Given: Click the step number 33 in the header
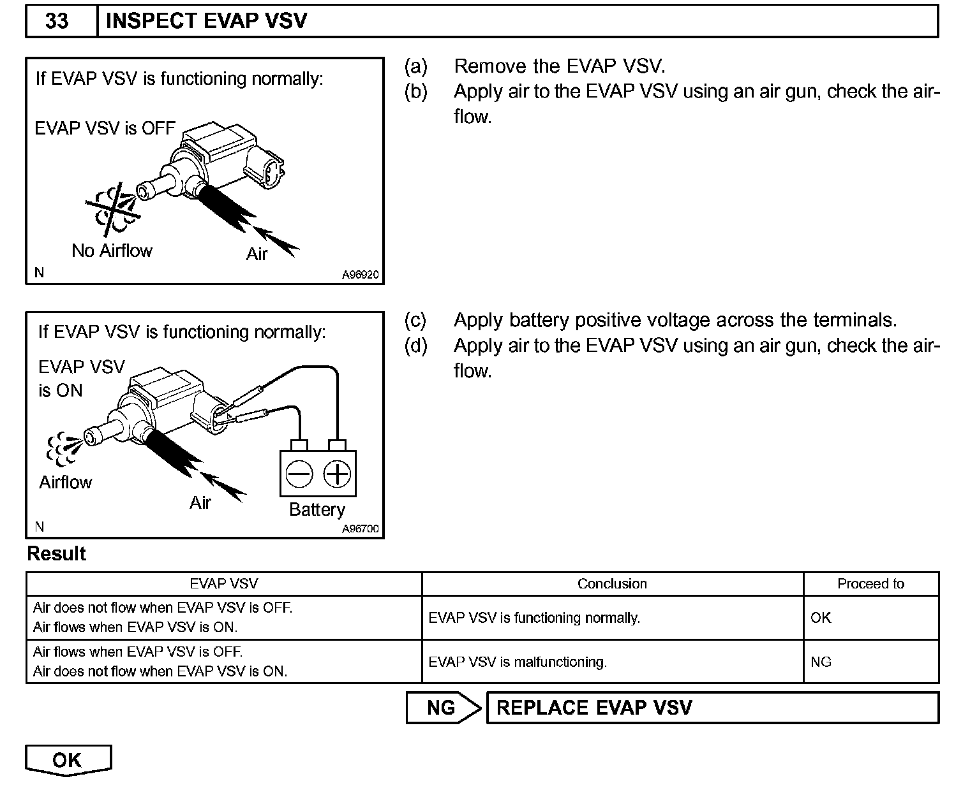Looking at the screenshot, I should click(x=57, y=21).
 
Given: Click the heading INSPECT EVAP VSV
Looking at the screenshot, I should click(x=206, y=21).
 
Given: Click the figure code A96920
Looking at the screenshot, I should click(x=360, y=275).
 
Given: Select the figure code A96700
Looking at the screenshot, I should click(x=360, y=529).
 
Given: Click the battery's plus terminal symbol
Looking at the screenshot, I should click(x=337, y=474).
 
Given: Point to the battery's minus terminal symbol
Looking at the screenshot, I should click(x=299, y=474).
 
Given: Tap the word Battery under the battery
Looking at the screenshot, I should click(x=317, y=509).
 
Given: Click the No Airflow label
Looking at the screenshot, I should click(x=112, y=251).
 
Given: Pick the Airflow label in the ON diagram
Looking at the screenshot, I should click(x=66, y=482).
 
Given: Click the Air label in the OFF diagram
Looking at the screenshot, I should click(x=257, y=254).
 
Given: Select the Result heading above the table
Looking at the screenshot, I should click(x=56, y=553).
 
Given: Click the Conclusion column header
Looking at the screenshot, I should click(x=612, y=584).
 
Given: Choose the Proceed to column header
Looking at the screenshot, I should click(x=870, y=584).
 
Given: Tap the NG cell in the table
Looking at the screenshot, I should click(x=821, y=662).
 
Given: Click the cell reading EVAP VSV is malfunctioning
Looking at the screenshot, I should click(x=518, y=662).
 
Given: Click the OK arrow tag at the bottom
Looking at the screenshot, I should click(x=68, y=760).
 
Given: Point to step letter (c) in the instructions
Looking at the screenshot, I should click(x=415, y=320).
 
